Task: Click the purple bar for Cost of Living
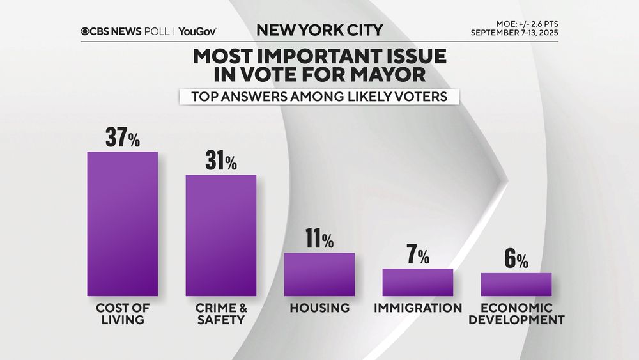pyautogui.click(x=122, y=224)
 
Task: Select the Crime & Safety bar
pyautogui.click(x=220, y=235)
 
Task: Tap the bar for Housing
pyautogui.click(x=319, y=274)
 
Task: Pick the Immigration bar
pyautogui.click(x=417, y=282)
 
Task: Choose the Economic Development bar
pyautogui.click(x=516, y=285)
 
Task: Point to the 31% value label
pyautogui.click(x=221, y=162)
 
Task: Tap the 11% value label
pyautogui.click(x=319, y=240)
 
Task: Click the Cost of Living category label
pyautogui.click(x=122, y=313)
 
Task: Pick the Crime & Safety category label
pyautogui.click(x=220, y=313)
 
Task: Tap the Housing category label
pyautogui.click(x=319, y=308)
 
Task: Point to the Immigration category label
pyautogui.click(x=418, y=308)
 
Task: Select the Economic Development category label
pyautogui.click(x=516, y=313)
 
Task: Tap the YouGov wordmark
pyautogui.click(x=197, y=31)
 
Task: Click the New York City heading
pyautogui.click(x=319, y=29)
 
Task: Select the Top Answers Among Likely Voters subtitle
pyautogui.click(x=319, y=97)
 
